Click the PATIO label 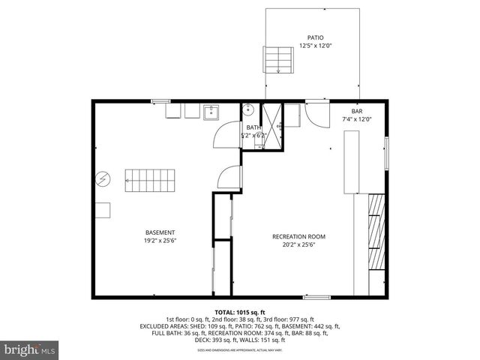click(x=315, y=37)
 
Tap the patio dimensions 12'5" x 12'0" click(x=315, y=45)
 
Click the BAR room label click(x=356, y=111)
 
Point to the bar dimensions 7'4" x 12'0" click(x=356, y=119)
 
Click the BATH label click(x=253, y=127)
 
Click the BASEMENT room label click(x=160, y=232)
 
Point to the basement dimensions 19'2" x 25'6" click(x=160, y=241)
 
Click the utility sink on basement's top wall click(x=211, y=112)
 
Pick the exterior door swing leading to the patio click(x=316, y=115)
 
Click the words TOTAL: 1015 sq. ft click(x=240, y=312)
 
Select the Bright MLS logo click(x=30, y=349)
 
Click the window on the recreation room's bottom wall click(x=316, y=297)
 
